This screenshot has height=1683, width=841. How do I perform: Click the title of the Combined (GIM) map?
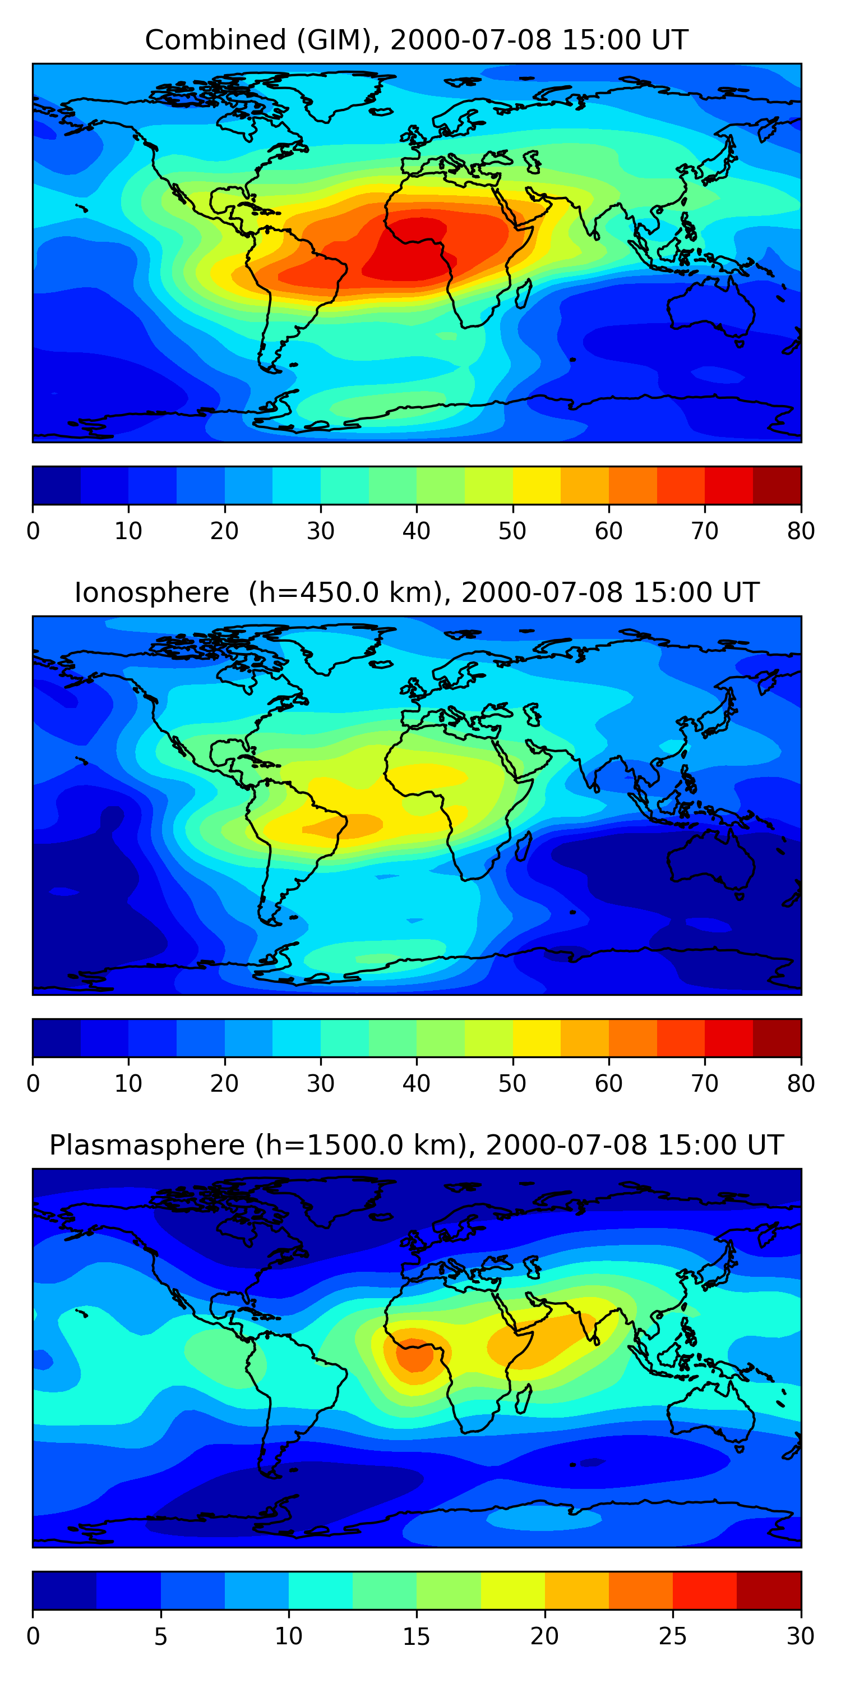pyautogui.click(x=416, y=40)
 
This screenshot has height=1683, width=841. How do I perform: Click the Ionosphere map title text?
pyautogui.click(x=416, y=592)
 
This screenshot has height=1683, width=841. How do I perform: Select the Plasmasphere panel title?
pyautogui.click(x=416, y=1146)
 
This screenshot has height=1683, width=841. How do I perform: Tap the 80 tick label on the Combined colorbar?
pyautogui.click(x=801, y=531)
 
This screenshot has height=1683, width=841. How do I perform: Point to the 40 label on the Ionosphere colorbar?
pyautogui.click(x=416, y=1083)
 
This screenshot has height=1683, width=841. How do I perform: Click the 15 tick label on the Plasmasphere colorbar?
pyautogui.click(x=416, y=1636)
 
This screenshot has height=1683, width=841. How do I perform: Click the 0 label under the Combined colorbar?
pyautogui.click(x=33, y=531)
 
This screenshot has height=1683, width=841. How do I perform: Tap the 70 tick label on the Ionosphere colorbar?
pyautogui.click(x=705, y=1083)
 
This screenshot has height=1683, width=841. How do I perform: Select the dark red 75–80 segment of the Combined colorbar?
pyautogui.click(x=777, y=485)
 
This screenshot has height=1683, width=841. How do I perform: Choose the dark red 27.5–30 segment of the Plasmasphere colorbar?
pyautogui.click(x=769, y=1590)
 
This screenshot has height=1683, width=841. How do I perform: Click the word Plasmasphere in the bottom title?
pyautogui.click(x=147, y=1146)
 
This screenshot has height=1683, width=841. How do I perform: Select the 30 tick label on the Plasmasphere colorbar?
pyautogui.click(x=801, y=1636)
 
